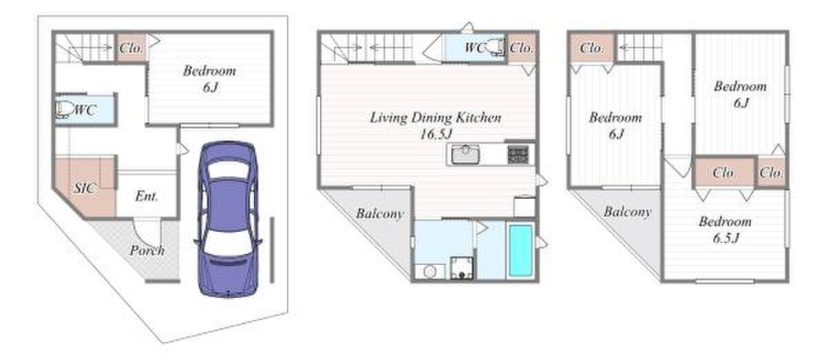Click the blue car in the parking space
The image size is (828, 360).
click(228, 219)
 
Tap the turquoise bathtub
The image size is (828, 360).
click(520, 251)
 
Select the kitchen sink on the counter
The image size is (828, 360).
click(465, 154)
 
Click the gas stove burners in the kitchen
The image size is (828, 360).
click(518, 154)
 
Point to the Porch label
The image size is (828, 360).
click(147, 250)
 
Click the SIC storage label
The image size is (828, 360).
click(85, 188)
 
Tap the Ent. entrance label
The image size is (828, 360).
click(146, 196)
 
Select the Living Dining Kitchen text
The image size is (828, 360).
click(435, 117)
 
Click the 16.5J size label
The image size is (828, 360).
click(436, 134)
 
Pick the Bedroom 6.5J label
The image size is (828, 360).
click(725, 230)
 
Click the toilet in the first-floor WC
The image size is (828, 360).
click(64, 110)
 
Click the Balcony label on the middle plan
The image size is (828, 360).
click(379, 214)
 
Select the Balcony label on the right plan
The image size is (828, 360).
click(627, 212)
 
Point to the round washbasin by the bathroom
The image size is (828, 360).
click(429, 272)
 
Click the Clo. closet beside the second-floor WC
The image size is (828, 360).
click(521, 48)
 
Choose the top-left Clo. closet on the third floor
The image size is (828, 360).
click(591, 48)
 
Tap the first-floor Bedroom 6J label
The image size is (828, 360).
click(210, 79)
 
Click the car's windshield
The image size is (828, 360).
click(228, 169)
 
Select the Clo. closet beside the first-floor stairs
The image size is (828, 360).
click(131, 48)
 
